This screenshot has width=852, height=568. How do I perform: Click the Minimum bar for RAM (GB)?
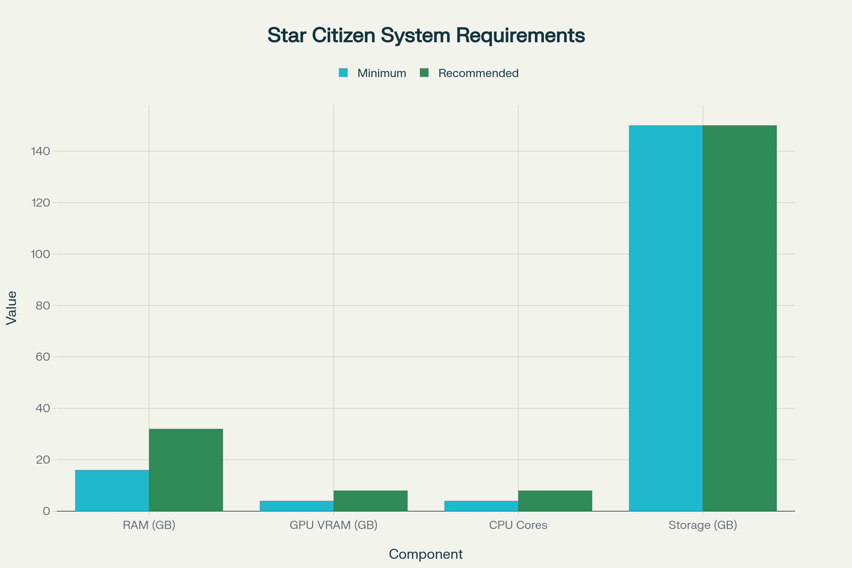tap(112, 491)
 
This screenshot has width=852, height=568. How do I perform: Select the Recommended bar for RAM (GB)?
tap(186, 470)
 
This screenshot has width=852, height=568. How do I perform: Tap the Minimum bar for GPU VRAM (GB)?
tap(297, 506)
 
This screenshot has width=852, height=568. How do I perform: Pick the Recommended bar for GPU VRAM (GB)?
tap(371, 501)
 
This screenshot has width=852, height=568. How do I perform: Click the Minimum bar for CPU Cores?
tap(481, 506)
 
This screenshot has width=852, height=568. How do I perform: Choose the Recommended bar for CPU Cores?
tap(555, 501)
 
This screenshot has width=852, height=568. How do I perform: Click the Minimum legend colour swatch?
tap(343, 73)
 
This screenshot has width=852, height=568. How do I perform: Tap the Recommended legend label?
tap(478, 73)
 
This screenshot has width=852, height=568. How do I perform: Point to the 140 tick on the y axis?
tap(40, 151)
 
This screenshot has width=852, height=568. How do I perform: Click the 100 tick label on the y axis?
tap(40, 254)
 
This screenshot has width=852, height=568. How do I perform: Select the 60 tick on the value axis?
tap(43, 357)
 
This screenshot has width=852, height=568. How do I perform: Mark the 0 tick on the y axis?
tap(47, 511)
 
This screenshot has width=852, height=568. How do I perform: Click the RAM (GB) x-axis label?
tap(149, 525)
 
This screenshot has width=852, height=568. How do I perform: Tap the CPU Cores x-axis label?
tap(518, 525)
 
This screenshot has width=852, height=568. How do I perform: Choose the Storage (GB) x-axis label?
tap(703, 525)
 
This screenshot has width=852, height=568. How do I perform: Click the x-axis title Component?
tap(426, 554)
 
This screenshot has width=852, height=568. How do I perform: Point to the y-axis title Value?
tap(12, 308)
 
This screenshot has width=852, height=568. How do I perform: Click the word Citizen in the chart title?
tap(343, 35)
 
